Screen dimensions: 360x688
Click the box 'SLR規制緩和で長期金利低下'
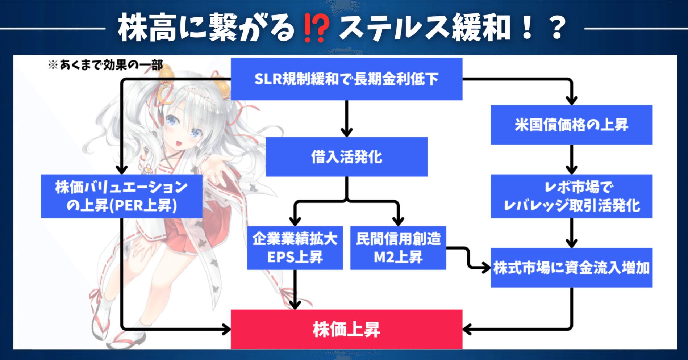click(x=346, y=79)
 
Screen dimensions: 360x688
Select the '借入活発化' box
click(x=346, y=157)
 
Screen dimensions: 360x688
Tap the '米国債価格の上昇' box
click(x=571, y=125)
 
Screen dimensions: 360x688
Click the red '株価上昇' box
click(x=346, y=329)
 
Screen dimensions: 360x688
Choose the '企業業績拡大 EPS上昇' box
click(x=295, y=248)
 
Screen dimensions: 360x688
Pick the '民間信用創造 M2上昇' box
click(x=398, y=248)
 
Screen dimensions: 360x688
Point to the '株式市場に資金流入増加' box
click(x=571, y=268)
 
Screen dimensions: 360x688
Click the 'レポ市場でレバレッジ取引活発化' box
click(x=571, y=196)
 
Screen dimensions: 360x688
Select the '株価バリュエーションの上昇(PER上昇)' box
click(x=121, y=196)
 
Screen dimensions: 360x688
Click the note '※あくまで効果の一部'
click(x=105, y=65)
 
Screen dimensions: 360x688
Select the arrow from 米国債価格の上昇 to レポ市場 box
click(x=571, y=160)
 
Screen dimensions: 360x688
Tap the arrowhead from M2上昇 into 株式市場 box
click(x=485, y=268)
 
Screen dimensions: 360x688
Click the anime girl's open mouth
click(x=179, y=143)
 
